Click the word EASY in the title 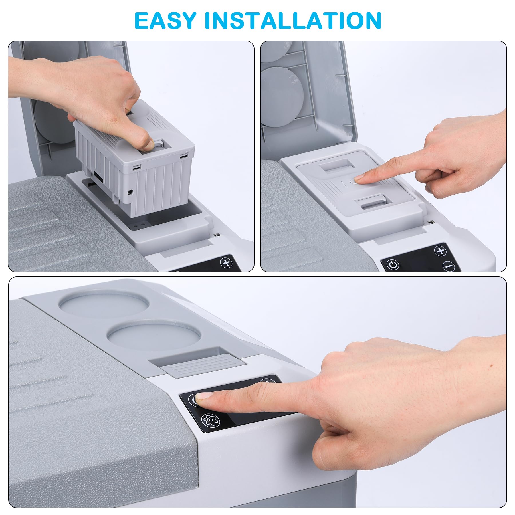pos(165,21)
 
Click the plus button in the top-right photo pos(440,251)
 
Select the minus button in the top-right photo pos(449,266)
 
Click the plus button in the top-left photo pos(226,262)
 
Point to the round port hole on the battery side pos(130,193)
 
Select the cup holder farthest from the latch pos(104,304)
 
